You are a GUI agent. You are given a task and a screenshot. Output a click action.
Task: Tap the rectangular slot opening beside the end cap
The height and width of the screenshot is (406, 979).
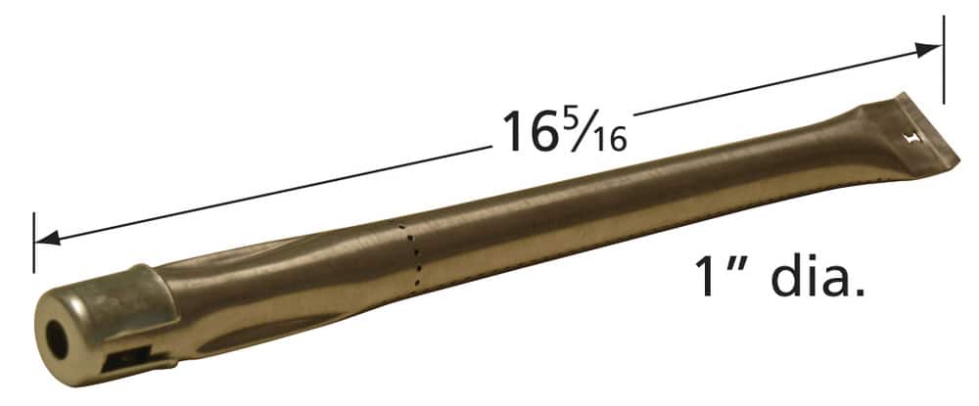tap(125, 360)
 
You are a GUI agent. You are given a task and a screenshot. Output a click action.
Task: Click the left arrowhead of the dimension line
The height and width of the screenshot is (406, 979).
tap(45, 238)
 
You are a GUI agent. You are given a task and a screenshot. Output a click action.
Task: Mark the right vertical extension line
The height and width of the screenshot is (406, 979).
tap(944, 59)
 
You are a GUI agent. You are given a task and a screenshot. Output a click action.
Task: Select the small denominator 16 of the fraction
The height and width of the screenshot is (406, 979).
tap(612, 140)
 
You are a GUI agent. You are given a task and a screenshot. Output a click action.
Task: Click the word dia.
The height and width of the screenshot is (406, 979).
tap(818, 276)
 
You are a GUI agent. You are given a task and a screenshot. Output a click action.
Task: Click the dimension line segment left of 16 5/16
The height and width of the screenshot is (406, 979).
tap(264, 191)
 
